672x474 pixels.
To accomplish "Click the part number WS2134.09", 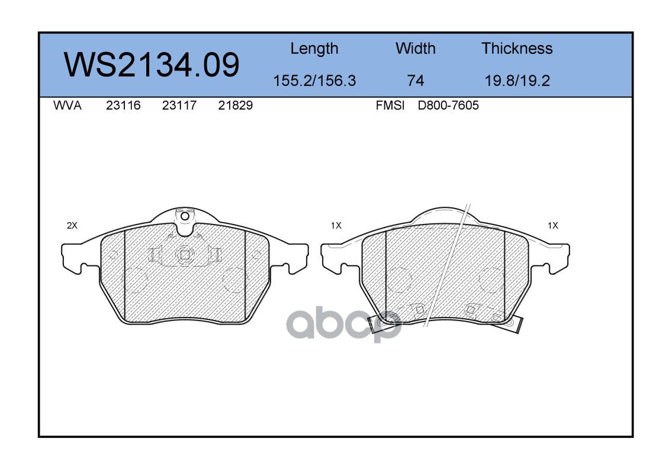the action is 152,65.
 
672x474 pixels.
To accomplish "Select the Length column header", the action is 314,49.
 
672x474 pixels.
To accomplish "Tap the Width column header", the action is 415,48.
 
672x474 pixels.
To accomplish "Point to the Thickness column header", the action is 517,48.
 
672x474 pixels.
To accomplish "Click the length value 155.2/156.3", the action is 314,80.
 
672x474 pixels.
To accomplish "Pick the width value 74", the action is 415,80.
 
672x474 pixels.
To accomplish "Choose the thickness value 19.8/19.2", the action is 517,80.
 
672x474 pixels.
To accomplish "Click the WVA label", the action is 67,105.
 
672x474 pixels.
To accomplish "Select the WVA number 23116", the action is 123,105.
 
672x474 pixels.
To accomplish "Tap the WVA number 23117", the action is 179,105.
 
